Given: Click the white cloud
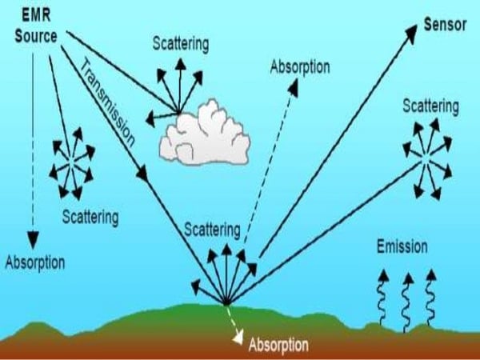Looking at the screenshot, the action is [x=205, y=133].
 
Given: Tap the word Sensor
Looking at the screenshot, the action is [x=445, y=25].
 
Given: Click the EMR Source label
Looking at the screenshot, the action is [x=36, y=26].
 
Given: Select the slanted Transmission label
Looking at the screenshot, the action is [x=107, y=103].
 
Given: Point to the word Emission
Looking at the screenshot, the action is [x=402, y=246].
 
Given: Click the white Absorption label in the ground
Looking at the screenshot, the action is [x=278, y=345].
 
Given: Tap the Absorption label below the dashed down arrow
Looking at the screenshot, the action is [x=35, y=262].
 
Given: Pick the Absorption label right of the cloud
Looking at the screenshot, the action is [x=300, y=66].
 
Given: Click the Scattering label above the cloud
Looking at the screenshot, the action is [x=181, y=44].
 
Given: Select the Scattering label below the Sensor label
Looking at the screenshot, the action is [x=430, y=106].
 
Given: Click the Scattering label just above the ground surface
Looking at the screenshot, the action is [x=212, y=230].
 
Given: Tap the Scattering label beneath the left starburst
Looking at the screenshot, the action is [x=90, y=217].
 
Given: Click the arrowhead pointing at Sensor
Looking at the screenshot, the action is [x=411, y=33].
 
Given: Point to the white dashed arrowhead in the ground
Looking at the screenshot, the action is [x=238, y=338].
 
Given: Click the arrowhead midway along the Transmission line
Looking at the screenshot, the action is [x=142, y=173].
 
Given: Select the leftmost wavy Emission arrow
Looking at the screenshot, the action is [x=382, y=297].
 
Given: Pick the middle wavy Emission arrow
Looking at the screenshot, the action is [x=407, y=302].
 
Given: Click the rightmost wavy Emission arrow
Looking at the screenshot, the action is [x=430, y=297].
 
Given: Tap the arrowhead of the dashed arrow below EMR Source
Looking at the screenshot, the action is [x=33, y=240].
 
